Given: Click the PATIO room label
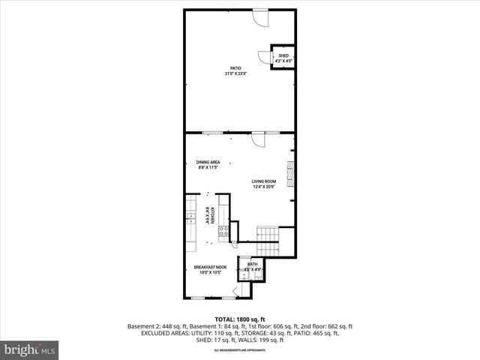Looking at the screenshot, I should click(235, 67).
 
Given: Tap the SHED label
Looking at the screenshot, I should click(283, 55).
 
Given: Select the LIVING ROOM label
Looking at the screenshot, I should click(263, 181).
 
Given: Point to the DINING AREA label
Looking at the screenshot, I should click(208, 162).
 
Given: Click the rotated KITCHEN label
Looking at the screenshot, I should click(212, 215).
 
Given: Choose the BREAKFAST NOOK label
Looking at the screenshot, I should click(209, 268).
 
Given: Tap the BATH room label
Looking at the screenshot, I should click(253, 264).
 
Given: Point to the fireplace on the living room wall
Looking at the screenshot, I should click(293, 172).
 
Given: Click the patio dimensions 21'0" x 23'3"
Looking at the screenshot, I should click(235, 73).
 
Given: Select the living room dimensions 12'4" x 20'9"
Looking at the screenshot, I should click(263, 186).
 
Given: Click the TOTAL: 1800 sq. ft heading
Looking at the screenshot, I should click(239, 319).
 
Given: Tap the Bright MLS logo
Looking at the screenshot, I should click(31, 349).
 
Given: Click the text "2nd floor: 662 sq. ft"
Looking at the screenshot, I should click(326, 326).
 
